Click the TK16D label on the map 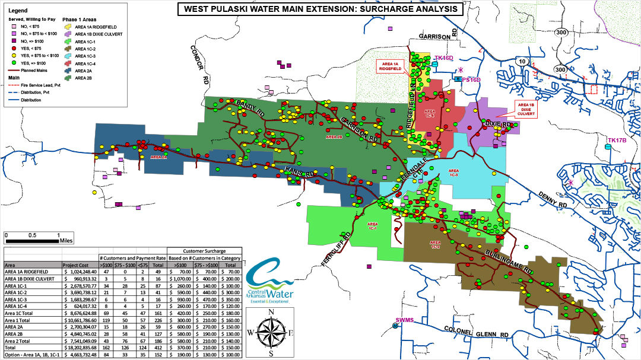coord(443,58)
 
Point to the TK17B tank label coord(617,141)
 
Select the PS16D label coord(471,79)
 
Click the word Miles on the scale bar coord(66,241)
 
